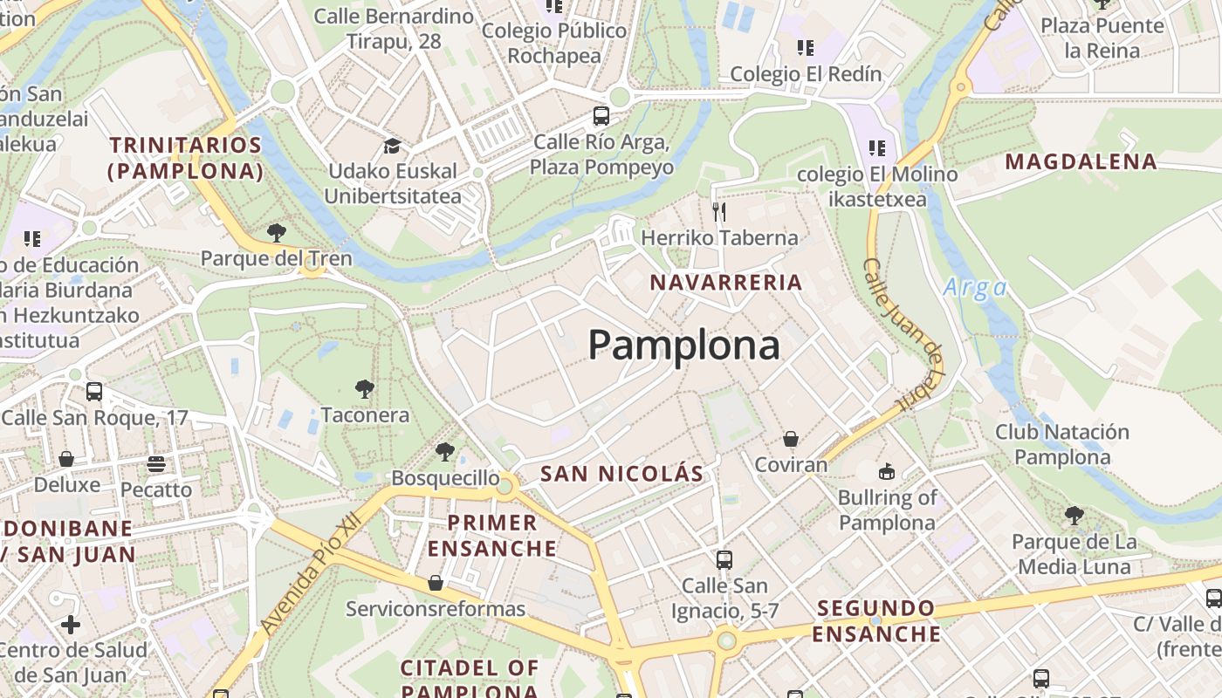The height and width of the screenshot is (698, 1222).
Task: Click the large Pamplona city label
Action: click(683, 346)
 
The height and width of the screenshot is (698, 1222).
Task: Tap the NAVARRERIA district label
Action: click(726, 282)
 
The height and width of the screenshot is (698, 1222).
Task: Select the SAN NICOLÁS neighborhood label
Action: click(621, 474)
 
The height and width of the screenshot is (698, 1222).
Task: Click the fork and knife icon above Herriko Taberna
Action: click(719, 211)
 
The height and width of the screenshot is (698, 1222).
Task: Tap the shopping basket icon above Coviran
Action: click(791, 439)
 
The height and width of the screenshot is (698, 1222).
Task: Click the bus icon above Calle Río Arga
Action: click(601, 115)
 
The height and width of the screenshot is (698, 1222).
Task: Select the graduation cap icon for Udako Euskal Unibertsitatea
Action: click(392, 145)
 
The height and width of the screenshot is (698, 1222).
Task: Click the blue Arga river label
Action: click(975, 288)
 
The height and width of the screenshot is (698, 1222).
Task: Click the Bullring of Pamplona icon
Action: click(887, 472)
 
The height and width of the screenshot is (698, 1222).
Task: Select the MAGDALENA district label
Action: click(1081, 161)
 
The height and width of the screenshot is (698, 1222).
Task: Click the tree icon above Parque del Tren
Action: click(277, 233)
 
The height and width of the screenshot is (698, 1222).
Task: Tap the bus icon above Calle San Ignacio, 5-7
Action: click(724, 559)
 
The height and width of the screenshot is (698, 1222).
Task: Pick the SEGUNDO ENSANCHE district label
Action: click(876, 620)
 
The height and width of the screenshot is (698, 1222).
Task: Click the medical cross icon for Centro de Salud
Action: click(71, 625)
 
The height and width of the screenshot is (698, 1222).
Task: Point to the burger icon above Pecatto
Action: click(156, 463)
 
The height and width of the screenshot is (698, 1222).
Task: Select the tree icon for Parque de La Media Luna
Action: click(1074, 516)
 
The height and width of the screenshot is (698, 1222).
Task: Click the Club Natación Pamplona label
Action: click(1062, 444)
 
